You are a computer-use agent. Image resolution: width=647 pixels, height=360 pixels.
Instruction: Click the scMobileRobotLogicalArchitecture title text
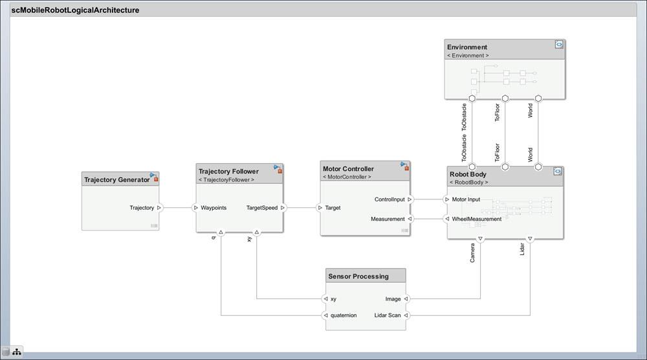(x=75, y=10)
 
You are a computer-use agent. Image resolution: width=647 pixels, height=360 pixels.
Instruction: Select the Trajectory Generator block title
(x=116, y=179)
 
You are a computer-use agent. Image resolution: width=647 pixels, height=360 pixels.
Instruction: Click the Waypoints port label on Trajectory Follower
(x=214, y=208)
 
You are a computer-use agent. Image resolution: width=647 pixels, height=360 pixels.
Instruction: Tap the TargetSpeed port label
(x=262, y=208)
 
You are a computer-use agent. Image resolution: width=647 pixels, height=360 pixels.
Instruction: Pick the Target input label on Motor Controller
(x=333, y=208)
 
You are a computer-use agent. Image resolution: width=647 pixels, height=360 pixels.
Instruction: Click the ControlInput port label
(x=389, y=199)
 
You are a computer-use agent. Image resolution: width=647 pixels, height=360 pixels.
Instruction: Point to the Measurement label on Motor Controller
(x=388, y=219)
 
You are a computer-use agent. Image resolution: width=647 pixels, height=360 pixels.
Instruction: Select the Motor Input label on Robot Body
(x=466, y=199)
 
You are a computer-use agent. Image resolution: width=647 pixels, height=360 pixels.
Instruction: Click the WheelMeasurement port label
(x=476, y=219)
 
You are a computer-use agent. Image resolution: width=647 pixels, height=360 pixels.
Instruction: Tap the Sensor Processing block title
(x=358, y=276)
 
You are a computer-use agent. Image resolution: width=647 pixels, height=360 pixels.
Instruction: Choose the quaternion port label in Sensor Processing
(x=344, y=315)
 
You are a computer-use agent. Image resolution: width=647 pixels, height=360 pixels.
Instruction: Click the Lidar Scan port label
(x=388, y=315)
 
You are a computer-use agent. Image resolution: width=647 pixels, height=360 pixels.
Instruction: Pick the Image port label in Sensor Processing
(x=393, y=298)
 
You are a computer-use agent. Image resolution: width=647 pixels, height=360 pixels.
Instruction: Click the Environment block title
(x=467, y=47)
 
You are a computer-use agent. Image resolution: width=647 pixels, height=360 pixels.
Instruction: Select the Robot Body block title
(x=468, y=174)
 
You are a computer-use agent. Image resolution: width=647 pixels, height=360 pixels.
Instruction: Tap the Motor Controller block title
(x=348, y=168)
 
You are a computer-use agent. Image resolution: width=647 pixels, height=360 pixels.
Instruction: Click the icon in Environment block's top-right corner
(x=558, y=45)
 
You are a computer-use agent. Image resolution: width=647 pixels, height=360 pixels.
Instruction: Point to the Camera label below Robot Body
(x=473, y=253)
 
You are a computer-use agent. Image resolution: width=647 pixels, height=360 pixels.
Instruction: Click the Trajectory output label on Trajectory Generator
(x=142, y=208)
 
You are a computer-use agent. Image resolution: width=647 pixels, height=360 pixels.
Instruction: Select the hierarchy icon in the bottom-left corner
(x=16, y=351)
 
